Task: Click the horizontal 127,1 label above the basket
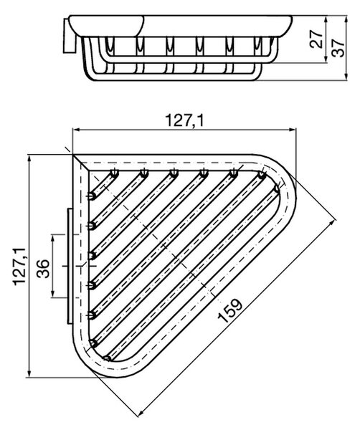pos(185,120)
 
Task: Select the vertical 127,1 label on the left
pos(20,267)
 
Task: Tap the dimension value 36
pos(43,269)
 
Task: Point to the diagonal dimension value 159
pos(230,310)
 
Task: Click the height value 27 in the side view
pos(316,39)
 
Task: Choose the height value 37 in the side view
pos(338,48)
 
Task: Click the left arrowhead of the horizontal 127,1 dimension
pos(76,130)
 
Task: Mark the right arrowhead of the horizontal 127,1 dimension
pos(292,130)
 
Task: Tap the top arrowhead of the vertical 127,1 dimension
pos(29,159)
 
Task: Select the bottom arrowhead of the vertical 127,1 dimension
pos(29,373)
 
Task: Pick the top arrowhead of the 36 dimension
pos(52,239)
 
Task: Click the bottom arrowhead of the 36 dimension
pos(52,293)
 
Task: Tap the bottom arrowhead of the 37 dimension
pos(346,77)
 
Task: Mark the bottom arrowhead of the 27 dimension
pos(326,59)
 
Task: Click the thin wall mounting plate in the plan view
pos(70,267)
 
